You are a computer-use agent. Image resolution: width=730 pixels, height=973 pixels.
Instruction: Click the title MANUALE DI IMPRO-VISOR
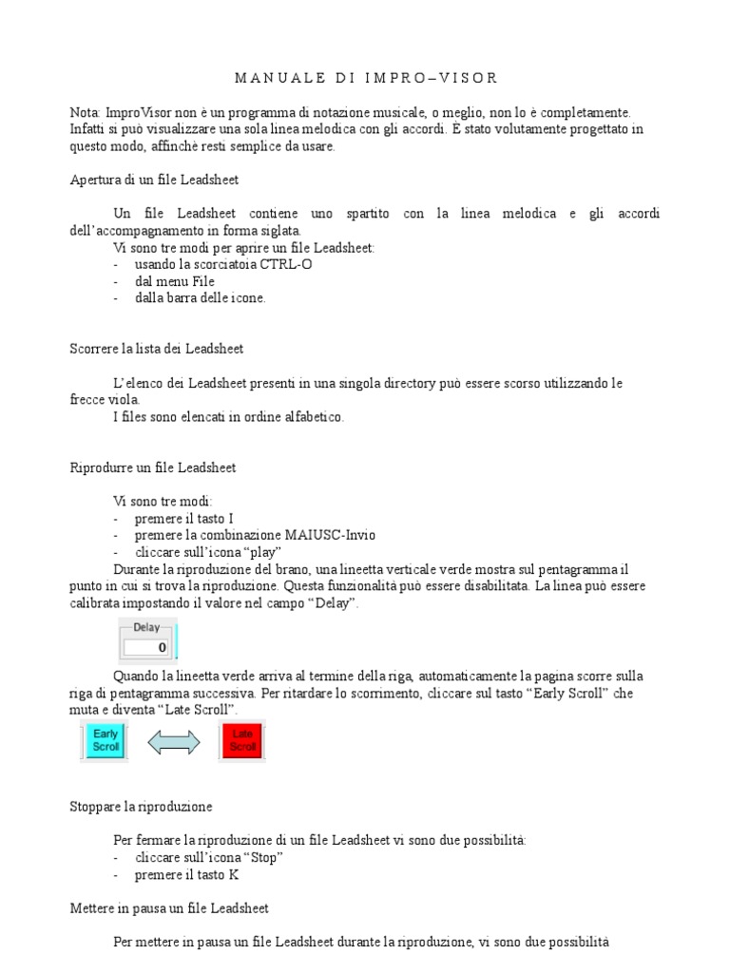click(x=365, y=77)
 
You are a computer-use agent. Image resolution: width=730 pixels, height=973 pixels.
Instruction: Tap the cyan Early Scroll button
click(x=106, y=741)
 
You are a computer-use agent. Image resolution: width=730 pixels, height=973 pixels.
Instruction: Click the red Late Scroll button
click(x=242, y=741)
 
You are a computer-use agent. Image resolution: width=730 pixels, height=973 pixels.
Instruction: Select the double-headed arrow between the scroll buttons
click(x=174, y=742)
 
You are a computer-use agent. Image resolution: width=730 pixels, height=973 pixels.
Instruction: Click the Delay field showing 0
click(x=146, y=647)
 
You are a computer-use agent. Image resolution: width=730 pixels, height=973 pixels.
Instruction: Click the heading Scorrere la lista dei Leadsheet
click(x=157, y=349)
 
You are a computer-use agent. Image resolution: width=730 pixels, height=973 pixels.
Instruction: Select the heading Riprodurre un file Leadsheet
click(x=153, y=467)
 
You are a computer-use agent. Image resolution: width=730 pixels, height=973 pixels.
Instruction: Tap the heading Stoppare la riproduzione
click(x=141, y=807)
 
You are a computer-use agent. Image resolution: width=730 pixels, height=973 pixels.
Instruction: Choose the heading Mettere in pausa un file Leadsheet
click(x=169, y=908)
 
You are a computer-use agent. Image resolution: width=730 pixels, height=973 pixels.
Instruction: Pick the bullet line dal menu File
click(x=175, y=281)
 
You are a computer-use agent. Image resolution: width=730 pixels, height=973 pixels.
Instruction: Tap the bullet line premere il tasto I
click(x=184, y=518)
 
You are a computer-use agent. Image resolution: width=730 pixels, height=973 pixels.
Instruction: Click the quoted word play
click(x=263, y=552)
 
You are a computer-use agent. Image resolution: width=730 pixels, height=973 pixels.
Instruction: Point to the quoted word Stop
click(x=266, y=857)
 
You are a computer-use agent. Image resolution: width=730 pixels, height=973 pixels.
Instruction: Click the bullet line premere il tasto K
click(x=186, y=874)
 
